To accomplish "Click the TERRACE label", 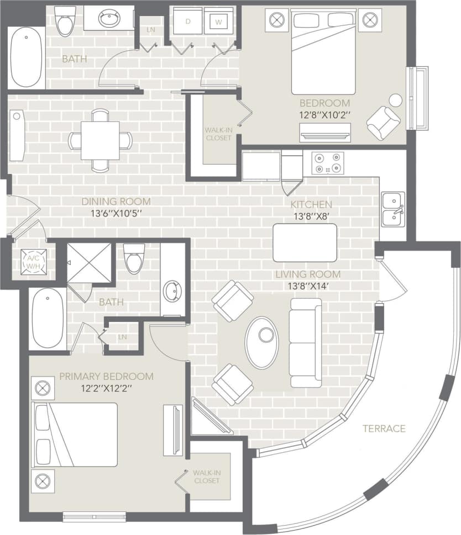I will tap(384, 428).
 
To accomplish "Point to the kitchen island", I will tap(305, 243).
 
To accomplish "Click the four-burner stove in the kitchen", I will tap(327, 163).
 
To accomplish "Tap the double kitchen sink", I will tap(392, 209).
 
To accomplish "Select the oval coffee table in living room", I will tap(262, 342).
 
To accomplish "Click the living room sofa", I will tap(306, 342).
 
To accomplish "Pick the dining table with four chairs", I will tap(100, 140).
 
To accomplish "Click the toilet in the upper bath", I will tap(65, 20).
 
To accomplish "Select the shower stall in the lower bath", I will tap(89, 262).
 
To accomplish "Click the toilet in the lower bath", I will tap(134, 258).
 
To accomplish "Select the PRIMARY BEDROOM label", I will tap(106, 377).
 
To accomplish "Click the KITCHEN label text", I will tap(311, 204).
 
